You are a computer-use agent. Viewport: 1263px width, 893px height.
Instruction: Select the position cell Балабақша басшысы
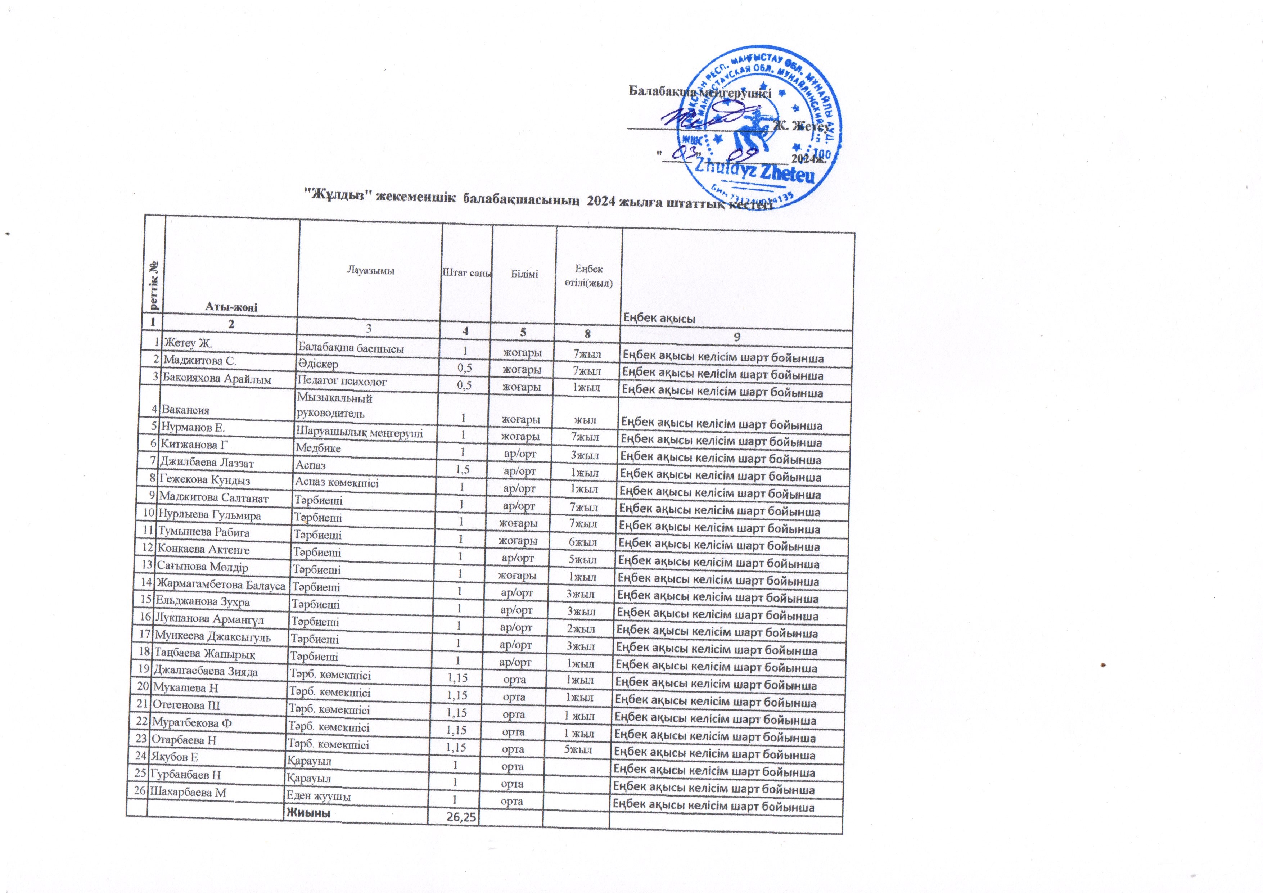click(x=351, y=348)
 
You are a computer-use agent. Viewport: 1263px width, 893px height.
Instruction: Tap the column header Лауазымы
click(x=371, y=270)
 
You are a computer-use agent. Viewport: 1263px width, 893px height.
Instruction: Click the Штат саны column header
click(x=466, y=272)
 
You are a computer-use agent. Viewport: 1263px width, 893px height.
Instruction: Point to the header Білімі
click(x=524, y=274)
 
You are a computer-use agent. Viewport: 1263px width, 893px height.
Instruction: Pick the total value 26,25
click(x=461, y=818)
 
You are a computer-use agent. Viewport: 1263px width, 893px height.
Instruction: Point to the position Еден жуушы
click(x=318, y=795)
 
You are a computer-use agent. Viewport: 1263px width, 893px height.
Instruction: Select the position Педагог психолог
click(x=342, y=381)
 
